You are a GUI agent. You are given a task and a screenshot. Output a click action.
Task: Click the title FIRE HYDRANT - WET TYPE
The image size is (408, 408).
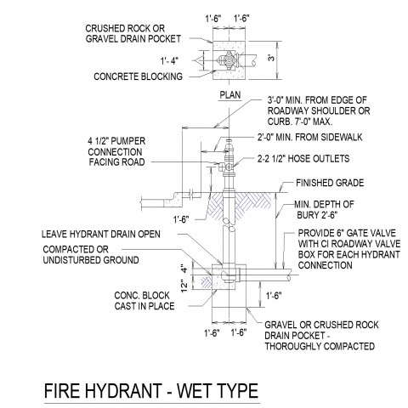[x=151, y=391]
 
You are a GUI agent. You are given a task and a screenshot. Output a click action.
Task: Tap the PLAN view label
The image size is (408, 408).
[x=230, y=95]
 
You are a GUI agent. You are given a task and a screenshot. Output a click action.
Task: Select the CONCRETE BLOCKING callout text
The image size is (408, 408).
[x=138, y=76]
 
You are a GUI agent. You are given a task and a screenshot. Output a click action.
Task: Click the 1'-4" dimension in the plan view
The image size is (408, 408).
[x=169, y=60]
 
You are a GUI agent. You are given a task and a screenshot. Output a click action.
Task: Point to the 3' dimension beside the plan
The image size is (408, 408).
[x=271, y=58]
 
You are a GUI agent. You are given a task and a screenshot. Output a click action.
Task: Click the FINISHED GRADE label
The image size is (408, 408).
[x=330, y=183]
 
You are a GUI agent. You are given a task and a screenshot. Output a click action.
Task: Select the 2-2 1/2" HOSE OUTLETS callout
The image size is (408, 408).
[x=303, y=159]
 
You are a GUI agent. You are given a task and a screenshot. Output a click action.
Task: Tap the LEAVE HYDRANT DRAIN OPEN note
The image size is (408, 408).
[x=101, y=234]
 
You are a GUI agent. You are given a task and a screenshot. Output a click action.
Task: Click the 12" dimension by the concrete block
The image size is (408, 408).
[x=184, y=286]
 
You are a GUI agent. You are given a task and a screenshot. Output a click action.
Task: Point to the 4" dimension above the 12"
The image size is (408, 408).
[x=184, y=269]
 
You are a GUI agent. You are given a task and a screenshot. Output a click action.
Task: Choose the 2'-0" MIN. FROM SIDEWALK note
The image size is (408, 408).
[x=309, y=138]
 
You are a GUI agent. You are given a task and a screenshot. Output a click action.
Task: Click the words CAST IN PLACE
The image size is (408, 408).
[x=144, y=306]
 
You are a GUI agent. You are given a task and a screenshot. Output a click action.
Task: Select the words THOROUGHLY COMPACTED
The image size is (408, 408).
[x=320, y=346]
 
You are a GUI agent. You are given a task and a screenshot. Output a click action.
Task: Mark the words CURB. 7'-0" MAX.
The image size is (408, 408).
[x=300, y=122]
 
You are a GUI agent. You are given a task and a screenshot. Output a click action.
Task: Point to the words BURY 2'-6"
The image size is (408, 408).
[x=317, y=215]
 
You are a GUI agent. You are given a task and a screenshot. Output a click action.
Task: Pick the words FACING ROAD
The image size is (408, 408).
[x=116, y=162]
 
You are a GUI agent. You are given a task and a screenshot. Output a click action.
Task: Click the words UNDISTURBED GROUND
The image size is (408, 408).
[x=91, y=260]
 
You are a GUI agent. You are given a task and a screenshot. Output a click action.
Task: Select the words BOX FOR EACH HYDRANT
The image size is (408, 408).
[x=348, y=254]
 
